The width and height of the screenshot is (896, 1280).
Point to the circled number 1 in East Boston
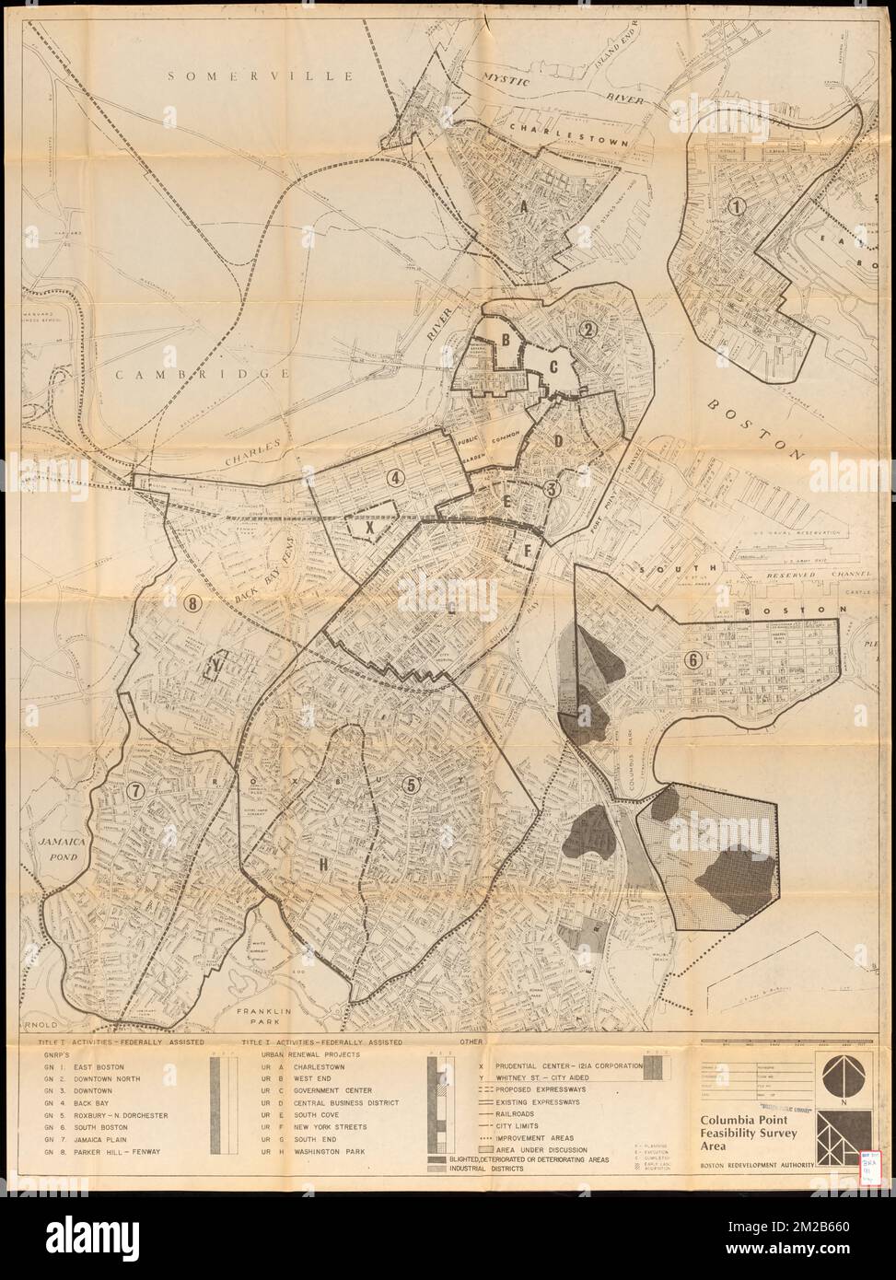[x=735, y=208]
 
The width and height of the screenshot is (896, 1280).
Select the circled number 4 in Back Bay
[x=395, y=478]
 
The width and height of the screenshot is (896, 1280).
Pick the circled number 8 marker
[x=192, y=604]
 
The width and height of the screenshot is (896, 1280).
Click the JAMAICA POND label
[x=62, y=850]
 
